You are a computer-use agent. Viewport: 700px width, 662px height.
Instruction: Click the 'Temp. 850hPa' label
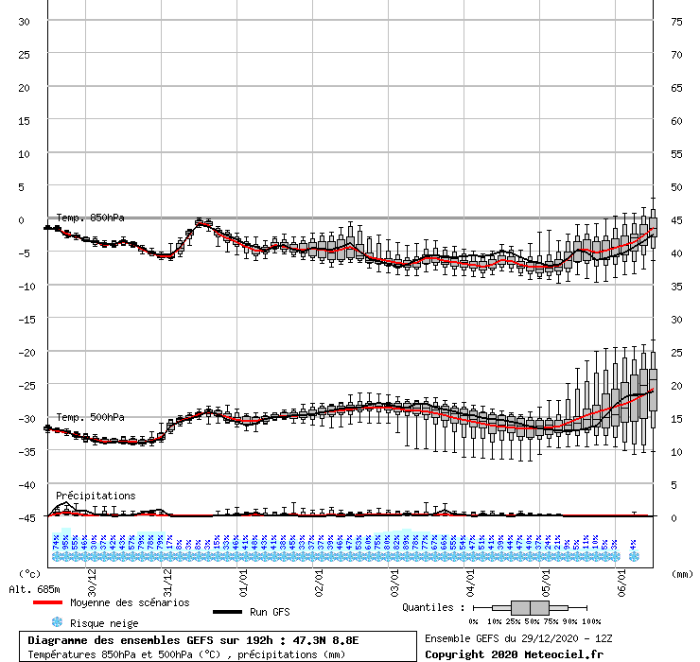coord(90,218)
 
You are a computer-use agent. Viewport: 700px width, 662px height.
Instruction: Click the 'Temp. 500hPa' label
coord(90,417)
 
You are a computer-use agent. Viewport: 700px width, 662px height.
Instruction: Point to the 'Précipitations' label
coord(95,496)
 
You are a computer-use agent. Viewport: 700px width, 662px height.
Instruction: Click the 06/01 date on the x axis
coord(621,572)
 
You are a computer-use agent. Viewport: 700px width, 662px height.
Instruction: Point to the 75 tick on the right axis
coord(676,21)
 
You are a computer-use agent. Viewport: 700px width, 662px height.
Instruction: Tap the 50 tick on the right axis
coord(676,186)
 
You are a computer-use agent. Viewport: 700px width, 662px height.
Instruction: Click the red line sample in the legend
coord(48,602)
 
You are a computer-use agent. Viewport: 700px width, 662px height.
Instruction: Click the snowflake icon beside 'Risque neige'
coord(56,623)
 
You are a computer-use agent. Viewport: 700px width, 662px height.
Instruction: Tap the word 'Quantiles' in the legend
coord(431,607)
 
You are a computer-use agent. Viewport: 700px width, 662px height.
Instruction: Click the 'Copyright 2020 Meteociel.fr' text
coord(514,653)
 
